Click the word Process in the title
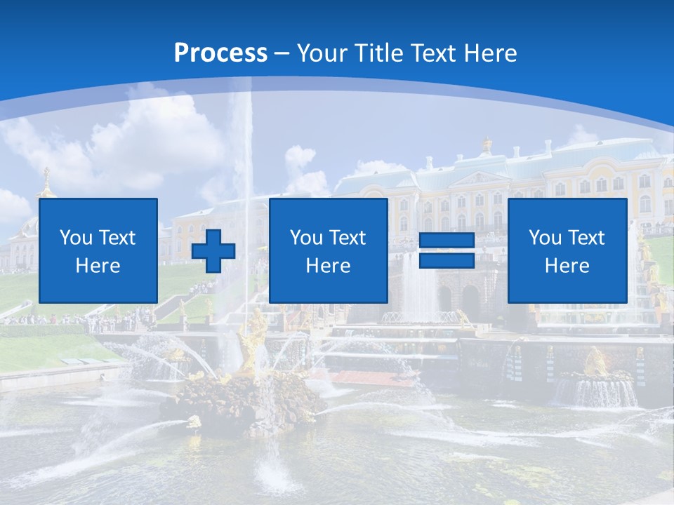tap(220, 53)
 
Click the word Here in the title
tap(489, 53)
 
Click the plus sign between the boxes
tap(213, 251)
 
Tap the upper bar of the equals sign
tap(447, 241)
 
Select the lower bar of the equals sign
tap(447, 261)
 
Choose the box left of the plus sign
tap(98, 250)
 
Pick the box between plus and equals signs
tap(328, 250)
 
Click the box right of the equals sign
tap(567, 250)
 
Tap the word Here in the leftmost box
tap(98, 266)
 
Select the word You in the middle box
tap(306, 238)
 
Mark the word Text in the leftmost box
tap(117, 238)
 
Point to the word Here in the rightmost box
tap(567, 266)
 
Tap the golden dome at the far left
tap(46, 184)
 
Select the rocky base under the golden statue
tap(239, 403)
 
